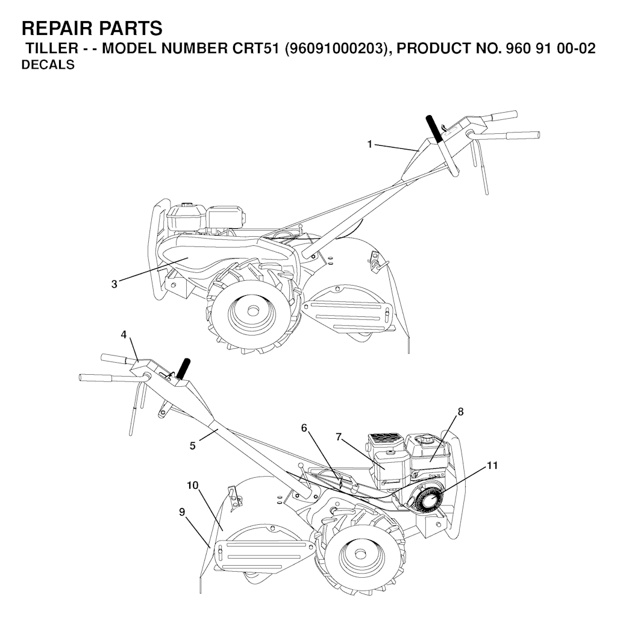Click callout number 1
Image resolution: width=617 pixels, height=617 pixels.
pos(369,145)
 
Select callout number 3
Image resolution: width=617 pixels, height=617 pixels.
pos(114,284)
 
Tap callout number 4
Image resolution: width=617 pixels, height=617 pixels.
pos(124,335)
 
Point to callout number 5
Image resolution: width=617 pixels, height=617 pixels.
pos(192,446)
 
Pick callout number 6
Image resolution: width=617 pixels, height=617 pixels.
pos(304,428)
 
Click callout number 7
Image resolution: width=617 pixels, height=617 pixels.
pos(339,437)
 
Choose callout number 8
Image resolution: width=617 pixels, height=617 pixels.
pos(460,412)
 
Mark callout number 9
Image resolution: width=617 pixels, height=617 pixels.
pos(182,512)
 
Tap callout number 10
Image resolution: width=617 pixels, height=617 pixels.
pos(192,486)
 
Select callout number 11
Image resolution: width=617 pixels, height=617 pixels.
pos(492,466)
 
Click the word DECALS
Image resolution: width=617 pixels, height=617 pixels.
pos(48,64)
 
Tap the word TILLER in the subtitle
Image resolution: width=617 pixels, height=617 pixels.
pos(52,48)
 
